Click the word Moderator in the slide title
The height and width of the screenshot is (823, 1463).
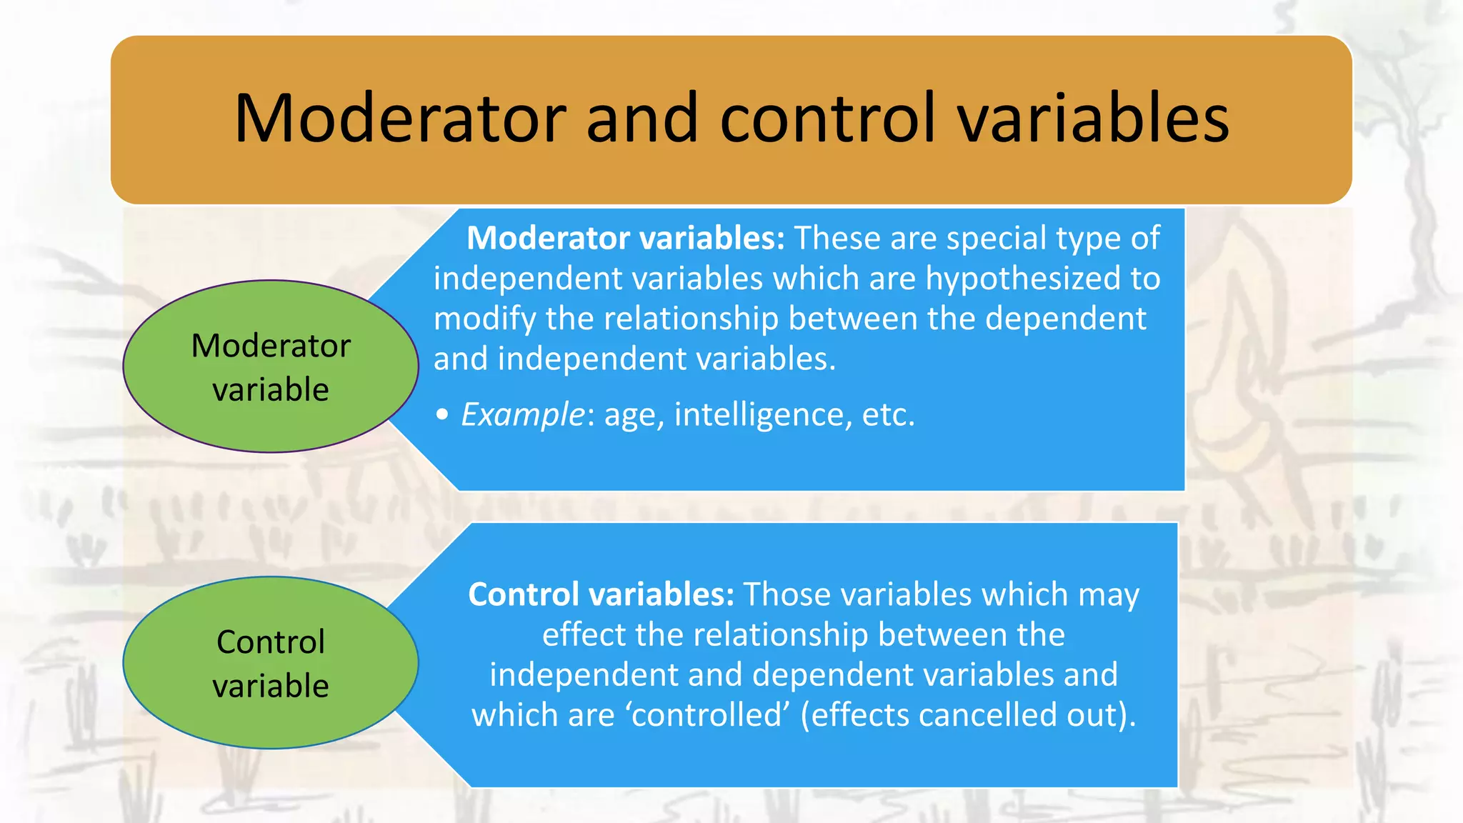401,119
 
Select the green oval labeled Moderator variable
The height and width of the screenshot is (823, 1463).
271,366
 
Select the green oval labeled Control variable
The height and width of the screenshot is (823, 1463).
271,663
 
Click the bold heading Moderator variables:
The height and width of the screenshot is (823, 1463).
626,238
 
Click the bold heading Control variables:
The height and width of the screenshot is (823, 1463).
601,594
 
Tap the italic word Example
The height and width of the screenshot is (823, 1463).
523,414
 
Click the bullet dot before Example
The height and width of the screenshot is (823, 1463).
443,415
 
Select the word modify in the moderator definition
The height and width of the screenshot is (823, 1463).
485,319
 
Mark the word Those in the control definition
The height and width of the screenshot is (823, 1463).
787,594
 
